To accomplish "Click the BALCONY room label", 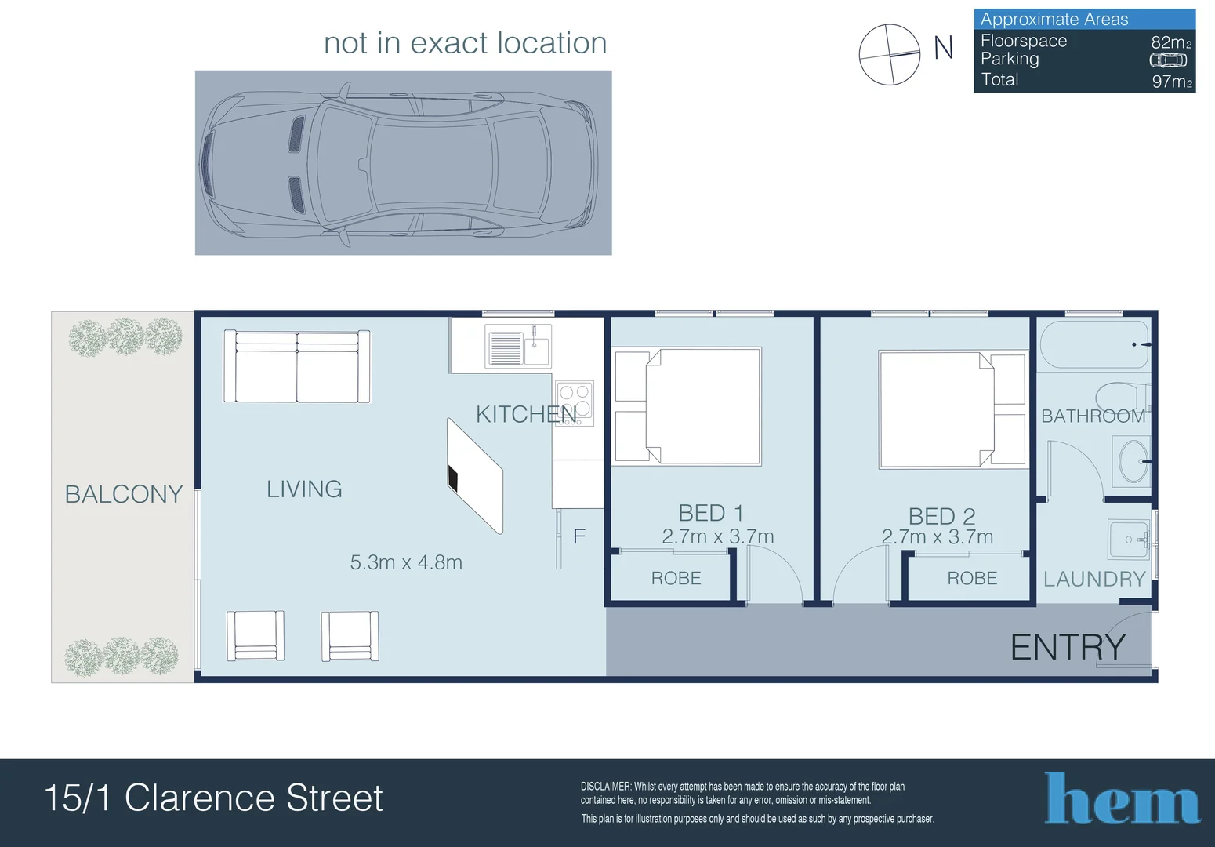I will (x=123, y=494).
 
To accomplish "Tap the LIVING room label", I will (x=304, y=489).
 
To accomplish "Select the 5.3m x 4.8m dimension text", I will (x=406, y=562).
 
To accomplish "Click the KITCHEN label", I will (x=526, y=414).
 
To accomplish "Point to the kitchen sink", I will (x=518, y=346).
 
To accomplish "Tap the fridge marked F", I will (x=579, y=537).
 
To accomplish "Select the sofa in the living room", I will (x=297, y=366).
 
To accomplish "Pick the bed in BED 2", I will (x=938, y=409).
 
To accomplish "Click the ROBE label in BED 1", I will (x=676, y=579).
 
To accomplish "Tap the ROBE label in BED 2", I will (x=972, y=579).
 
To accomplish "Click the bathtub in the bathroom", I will (x=1093, y=344).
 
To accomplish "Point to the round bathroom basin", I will (x=1132, y=461).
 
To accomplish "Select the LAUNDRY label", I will (x=1094, y=579).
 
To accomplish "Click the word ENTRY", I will (x=1068, y=648).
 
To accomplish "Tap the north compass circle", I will (x=890, y=54).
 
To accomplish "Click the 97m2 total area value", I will (x=1171, y=81).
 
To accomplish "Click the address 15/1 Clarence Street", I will (x=213, y=798).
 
